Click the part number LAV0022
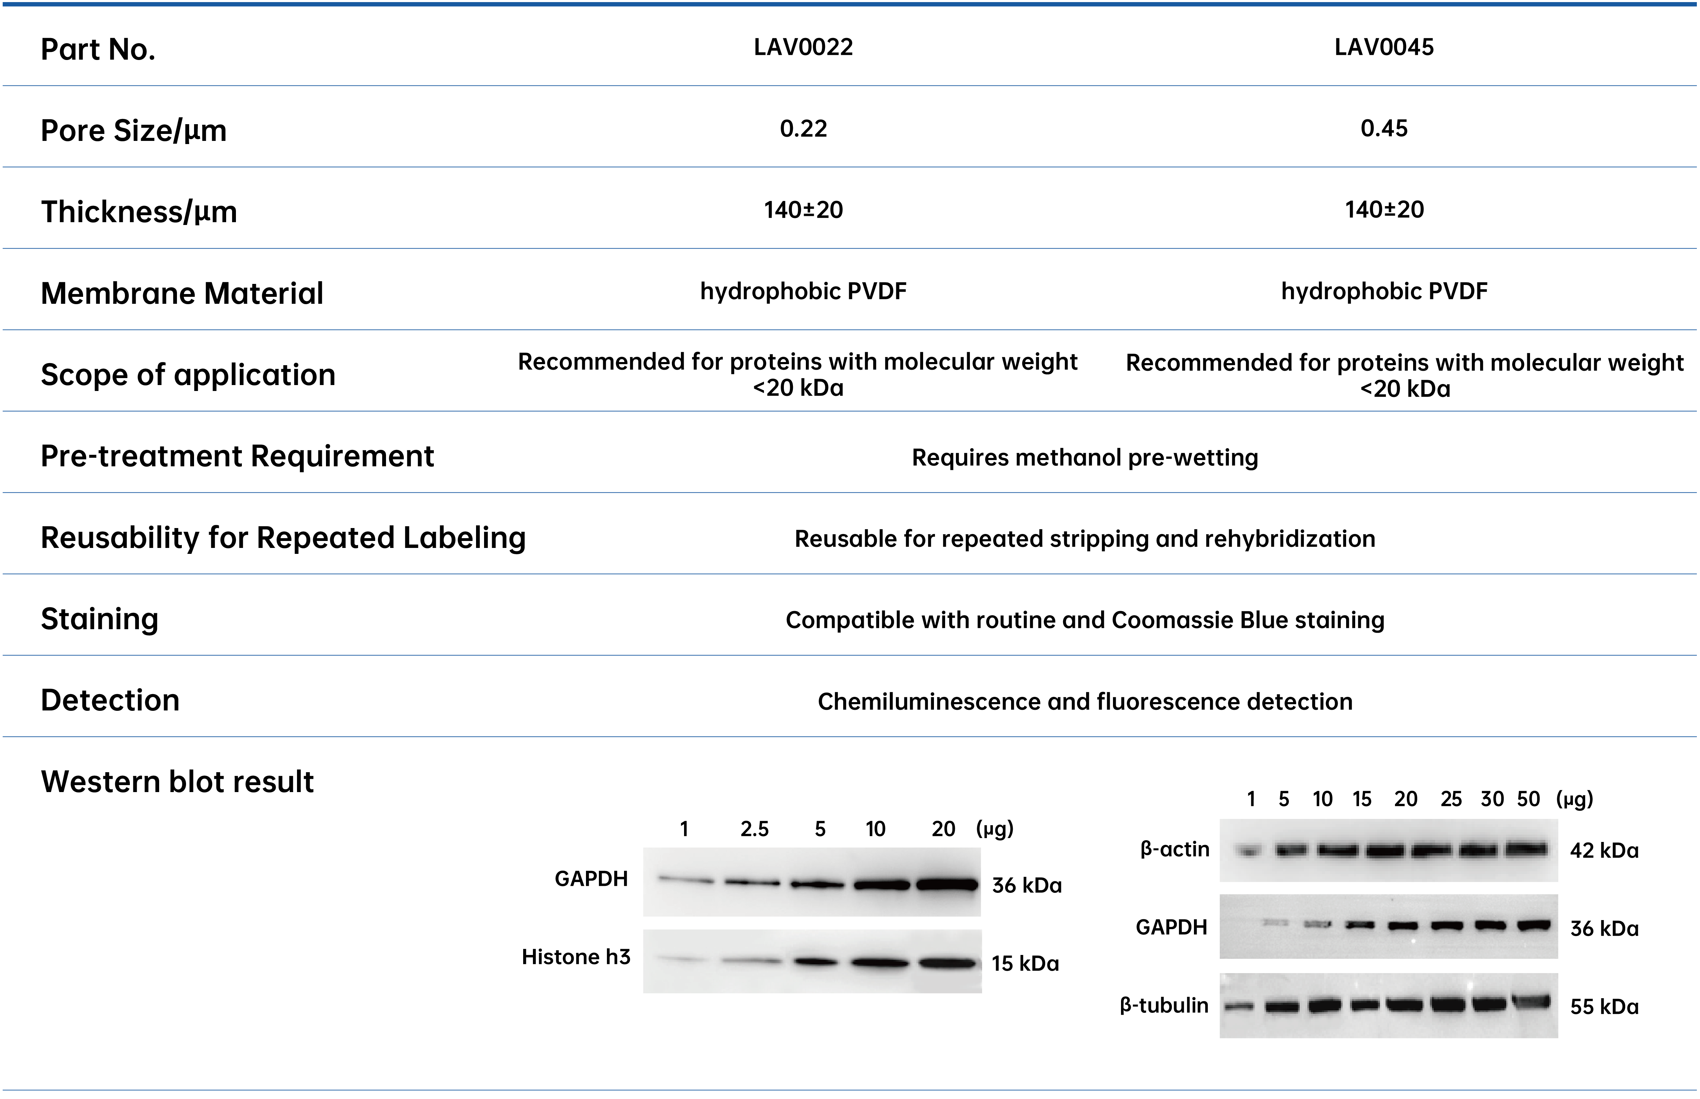coord(803,47)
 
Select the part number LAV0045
coord(1384,47)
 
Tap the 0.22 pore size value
coord(803,128)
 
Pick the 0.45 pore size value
coord(1384,128)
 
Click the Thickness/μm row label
coord(139,212)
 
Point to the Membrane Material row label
coord(182,293)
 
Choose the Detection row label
coord(110,700)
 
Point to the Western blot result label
coord(177,781)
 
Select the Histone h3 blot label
coord(576,957)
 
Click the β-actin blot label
coord(1174,849)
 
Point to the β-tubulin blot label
coord(1164,1006)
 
